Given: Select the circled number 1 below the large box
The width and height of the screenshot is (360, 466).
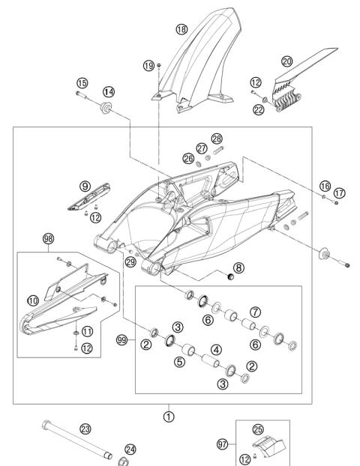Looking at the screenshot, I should (x=169, y=414).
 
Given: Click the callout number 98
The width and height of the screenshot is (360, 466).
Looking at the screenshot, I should (x=49, y=239).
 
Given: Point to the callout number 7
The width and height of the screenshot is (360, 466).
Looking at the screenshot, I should (x=255, y=310).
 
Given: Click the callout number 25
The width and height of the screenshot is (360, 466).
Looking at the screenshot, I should (x=259, y=429).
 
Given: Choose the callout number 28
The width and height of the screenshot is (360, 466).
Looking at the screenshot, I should (x=217, y=140).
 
